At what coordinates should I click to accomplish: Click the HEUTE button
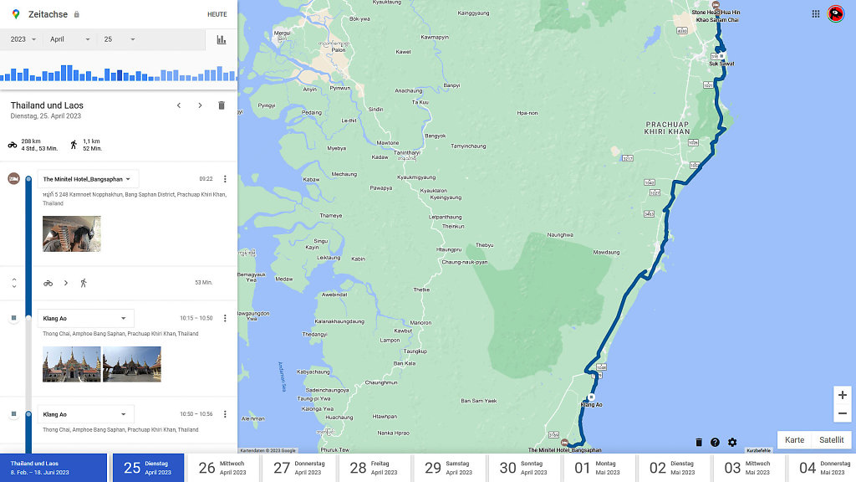coord(217,14)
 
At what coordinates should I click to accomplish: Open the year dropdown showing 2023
coord(23,39)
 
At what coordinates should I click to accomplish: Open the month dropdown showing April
coord(69,39)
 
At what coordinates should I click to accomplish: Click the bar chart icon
coord(222,39)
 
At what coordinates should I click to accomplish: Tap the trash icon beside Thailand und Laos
coord(222,105)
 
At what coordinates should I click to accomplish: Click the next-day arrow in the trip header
coord(200,105)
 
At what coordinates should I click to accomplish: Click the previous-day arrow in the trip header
coord(178,105)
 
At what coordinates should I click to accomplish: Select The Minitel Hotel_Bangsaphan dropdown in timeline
coord(88,179)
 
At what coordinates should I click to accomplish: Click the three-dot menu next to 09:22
coord(225,179)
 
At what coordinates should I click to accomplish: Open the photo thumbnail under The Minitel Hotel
coord(72,233)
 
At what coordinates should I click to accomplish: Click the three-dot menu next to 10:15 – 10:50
coord(225,318)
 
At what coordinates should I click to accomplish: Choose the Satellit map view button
coord(831,440)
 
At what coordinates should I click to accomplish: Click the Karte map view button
coord(794,440)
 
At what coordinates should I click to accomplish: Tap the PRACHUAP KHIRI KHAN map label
coord(667,127)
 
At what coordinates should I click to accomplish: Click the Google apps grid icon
coord(816,14)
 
